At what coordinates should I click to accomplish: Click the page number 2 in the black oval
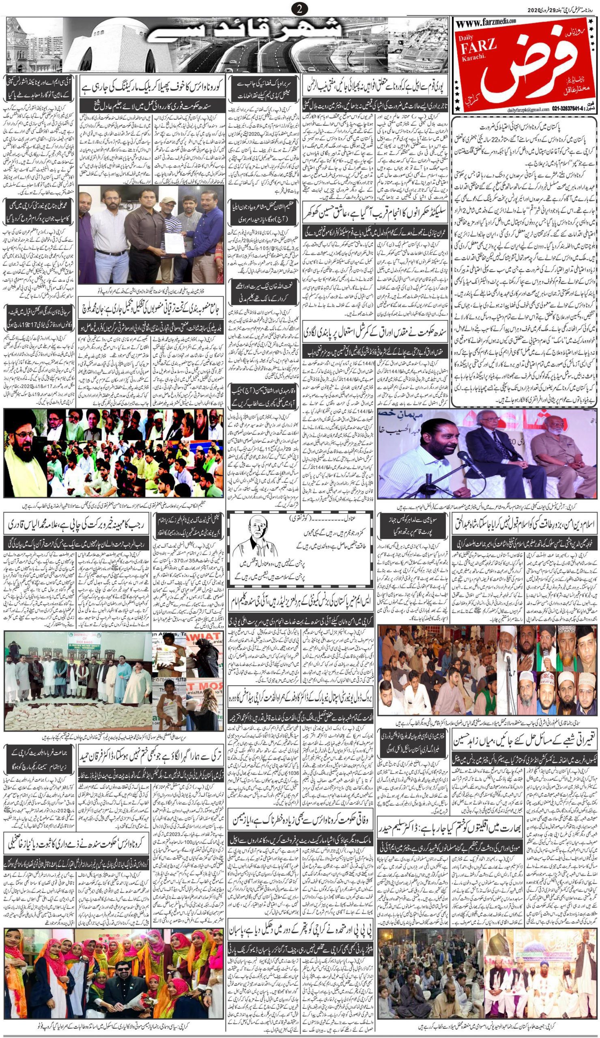(x=299, y=8)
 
